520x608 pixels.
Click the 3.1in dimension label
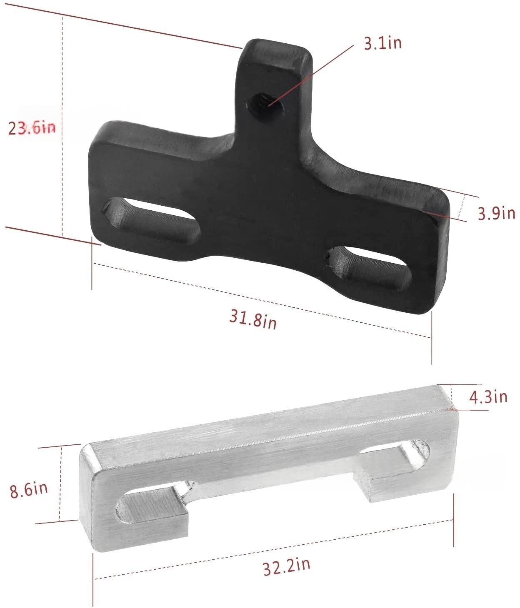click(382, 43)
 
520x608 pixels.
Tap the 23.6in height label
click(32, 128)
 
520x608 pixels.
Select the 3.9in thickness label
click(496, 213)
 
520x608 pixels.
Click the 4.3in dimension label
click(488, 396)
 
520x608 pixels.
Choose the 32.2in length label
click(286, 566)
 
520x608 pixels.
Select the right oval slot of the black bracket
click(369, 267)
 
